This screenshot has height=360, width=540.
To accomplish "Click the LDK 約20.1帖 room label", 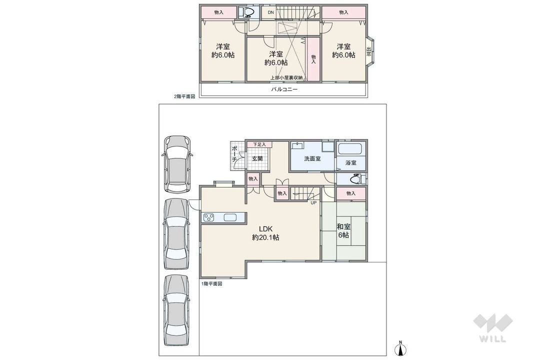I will coord(265,233).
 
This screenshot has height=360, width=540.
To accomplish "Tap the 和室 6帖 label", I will coord(343,230).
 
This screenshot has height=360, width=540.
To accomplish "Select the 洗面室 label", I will coord(312,158).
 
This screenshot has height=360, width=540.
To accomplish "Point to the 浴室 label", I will coord(350,163).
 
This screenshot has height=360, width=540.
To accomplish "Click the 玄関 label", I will coord(257,158).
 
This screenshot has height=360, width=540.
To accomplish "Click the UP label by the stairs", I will coord(313,203).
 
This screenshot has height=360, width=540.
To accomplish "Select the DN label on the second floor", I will coord(270,12).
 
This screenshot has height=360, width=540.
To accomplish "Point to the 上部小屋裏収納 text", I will coord(286,77).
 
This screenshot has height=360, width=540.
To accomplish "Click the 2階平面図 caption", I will coord(184,97).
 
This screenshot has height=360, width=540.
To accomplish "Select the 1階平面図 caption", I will coord(211,283).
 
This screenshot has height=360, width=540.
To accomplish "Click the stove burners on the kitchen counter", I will coord(208,217).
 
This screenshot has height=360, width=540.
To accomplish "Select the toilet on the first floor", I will coord(354,178).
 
